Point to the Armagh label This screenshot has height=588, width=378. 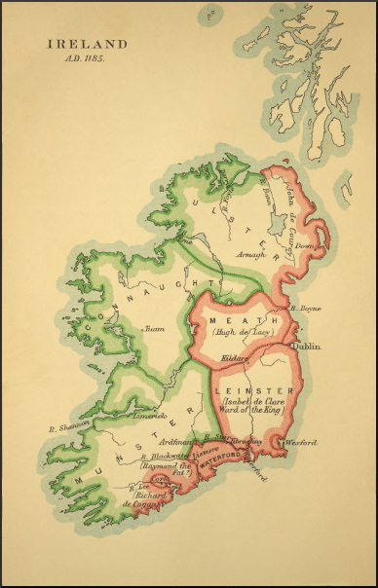[249, 256]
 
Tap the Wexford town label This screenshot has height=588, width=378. [300, 443]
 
